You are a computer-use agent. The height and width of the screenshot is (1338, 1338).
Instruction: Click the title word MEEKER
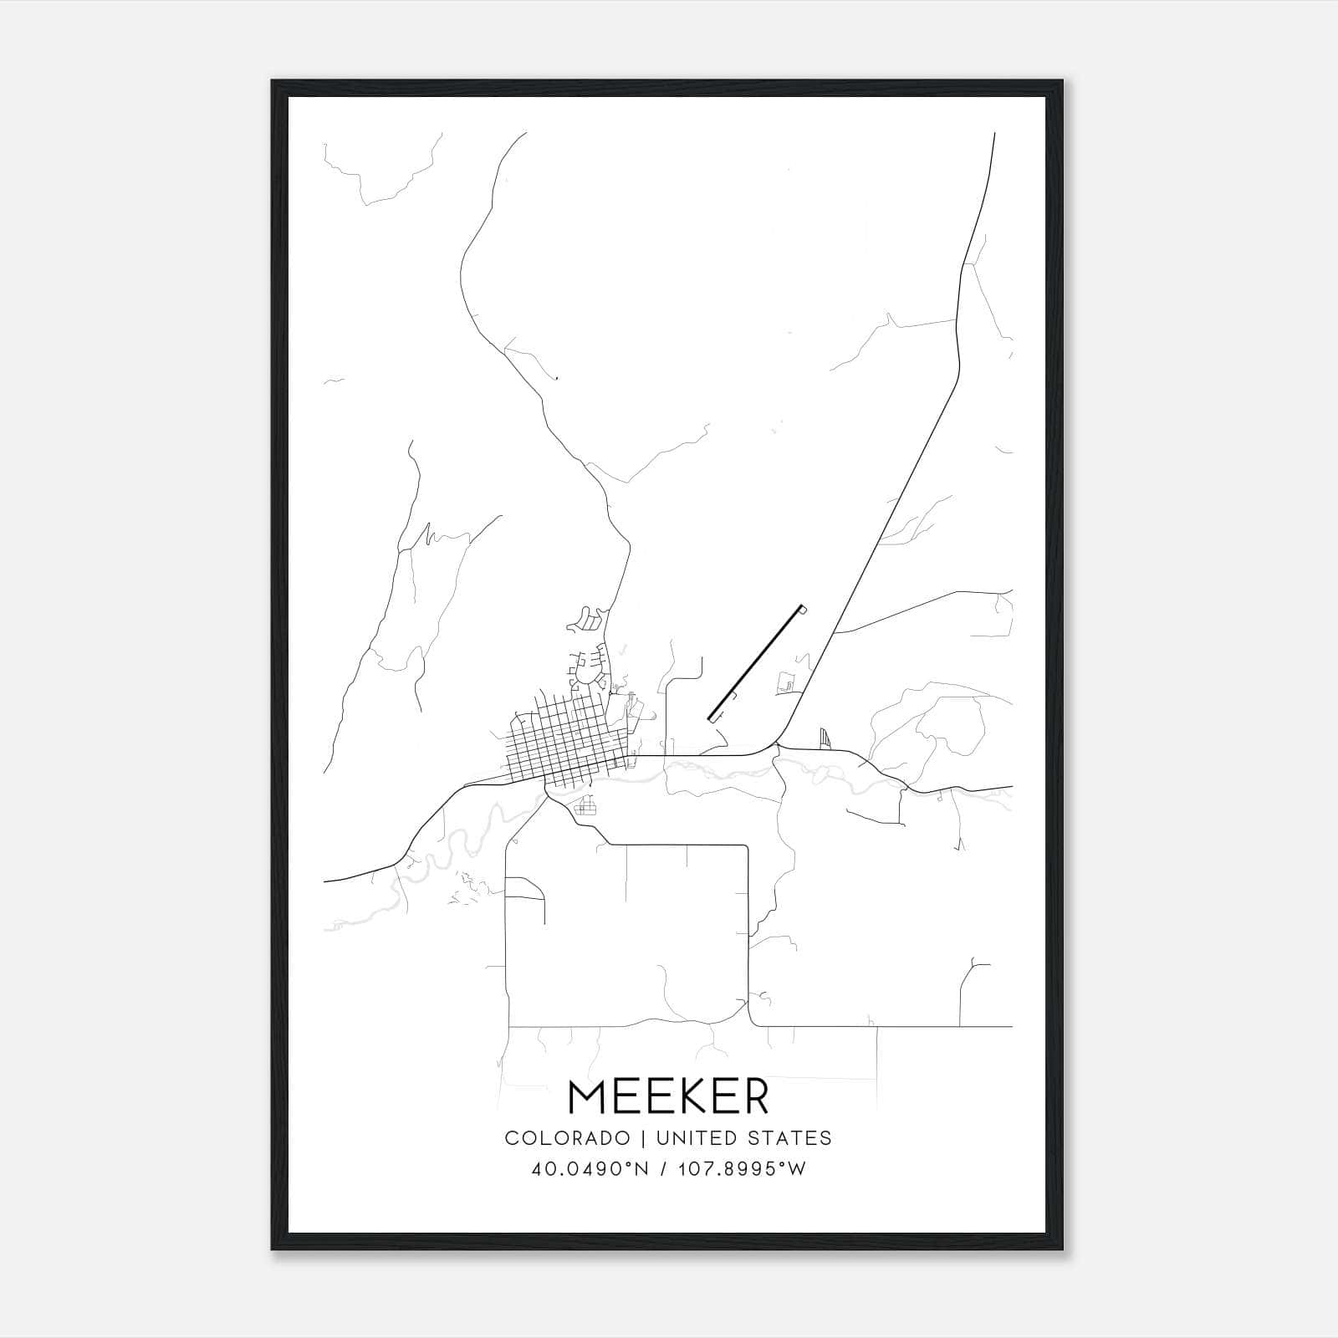[668, 1097]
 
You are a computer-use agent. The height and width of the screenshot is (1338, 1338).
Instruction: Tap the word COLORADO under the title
[567, 1138]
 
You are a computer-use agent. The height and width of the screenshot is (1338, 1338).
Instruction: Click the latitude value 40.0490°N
[590, 1169]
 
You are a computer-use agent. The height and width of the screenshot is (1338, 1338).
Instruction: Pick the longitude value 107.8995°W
[741, 1169]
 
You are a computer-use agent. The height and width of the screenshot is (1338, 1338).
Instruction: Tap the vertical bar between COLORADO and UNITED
[643, 1138]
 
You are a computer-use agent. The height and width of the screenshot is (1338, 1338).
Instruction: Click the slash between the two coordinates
[665, 1169]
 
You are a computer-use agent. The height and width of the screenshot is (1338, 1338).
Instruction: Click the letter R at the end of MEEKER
[753, 1097]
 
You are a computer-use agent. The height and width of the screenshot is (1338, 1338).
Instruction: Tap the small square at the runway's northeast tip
[804, 609]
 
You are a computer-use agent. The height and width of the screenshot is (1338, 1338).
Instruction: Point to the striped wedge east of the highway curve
[826, 738]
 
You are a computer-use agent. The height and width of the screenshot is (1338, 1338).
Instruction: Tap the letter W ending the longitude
[797, 1169]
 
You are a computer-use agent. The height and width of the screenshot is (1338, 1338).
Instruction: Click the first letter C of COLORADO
[511, 1138]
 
